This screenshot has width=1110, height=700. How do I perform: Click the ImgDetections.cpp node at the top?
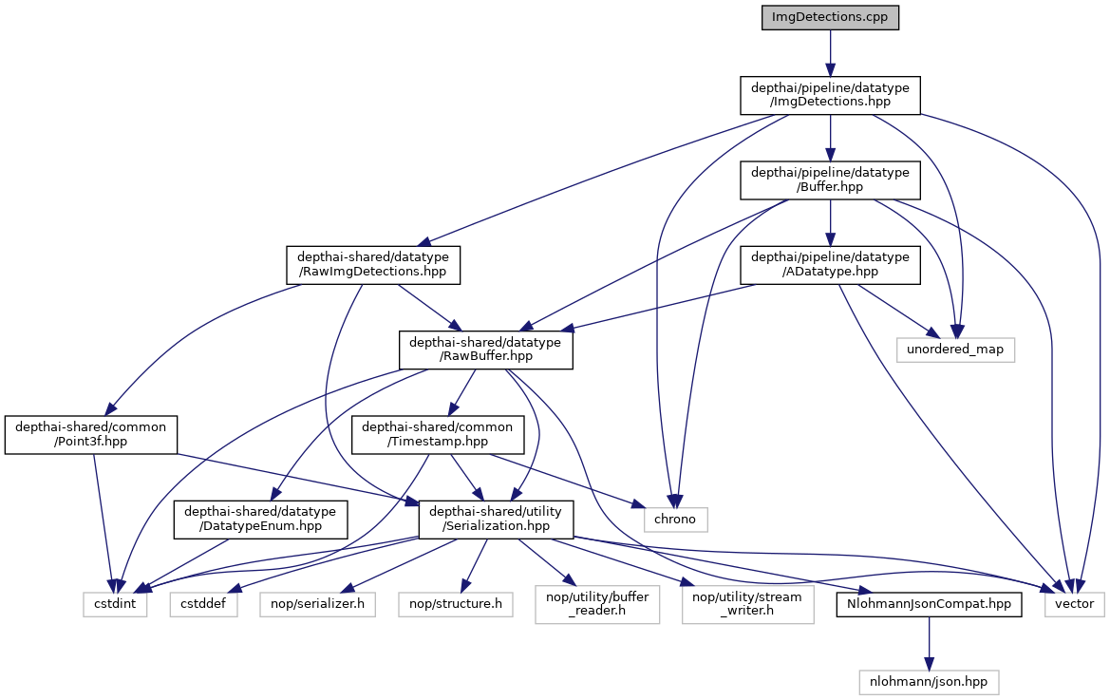pyautogui.click(x=830, y=18)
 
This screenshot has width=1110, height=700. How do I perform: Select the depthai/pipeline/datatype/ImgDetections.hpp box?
pyautogui.click(x=830, y=96)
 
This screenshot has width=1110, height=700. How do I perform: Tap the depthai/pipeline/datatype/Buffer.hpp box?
pyautogui.click(x=830, y=180)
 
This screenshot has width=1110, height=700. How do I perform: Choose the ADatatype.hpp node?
pyautogui.click(x=830, y=264)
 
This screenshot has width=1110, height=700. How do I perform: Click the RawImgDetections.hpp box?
pyautogui.click(x=373, y=264)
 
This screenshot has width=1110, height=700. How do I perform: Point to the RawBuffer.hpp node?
pyautogui.click(x=485, y=350)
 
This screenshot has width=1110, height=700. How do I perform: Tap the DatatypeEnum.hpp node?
pyautogui.click(x=260, y=520)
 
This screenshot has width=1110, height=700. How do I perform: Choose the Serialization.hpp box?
pyautogui.click(x=497, y=520)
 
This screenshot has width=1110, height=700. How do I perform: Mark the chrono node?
pyautogui.click(x=675, y=519)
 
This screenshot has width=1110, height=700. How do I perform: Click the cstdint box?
pyautogui.click(x=114, y=603)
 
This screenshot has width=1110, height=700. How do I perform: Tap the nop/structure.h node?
pyautogui.click(x=455, y=603)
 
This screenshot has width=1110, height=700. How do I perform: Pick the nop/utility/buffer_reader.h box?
pyautogui.click(x=596, y=603)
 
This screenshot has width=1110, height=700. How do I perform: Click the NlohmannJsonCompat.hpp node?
pyautogui.click(x=929, y=603)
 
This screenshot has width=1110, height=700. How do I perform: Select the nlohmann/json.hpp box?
pyautogui.click(x=929, y=680)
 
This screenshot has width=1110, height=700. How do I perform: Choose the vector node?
pyautogui.click(x=1074, y=603)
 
